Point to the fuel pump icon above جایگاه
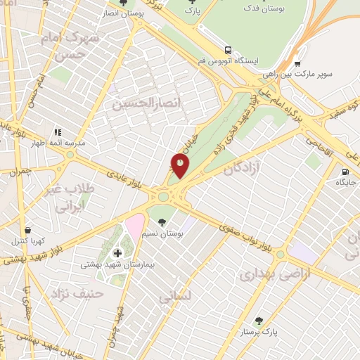345,172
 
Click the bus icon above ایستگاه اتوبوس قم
228,50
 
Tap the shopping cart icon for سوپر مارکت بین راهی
298,63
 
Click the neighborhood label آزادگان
242,168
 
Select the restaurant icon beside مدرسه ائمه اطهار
58,131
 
